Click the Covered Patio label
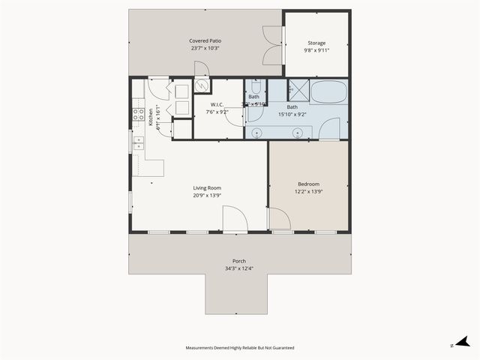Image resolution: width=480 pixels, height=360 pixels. coord(205,40)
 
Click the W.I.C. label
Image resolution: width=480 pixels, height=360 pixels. coord(217,104)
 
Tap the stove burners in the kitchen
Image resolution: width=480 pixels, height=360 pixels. coord(139,115)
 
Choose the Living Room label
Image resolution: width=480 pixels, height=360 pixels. coord(207,187)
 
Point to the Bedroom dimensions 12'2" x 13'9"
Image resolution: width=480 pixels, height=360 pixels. coord(308,192)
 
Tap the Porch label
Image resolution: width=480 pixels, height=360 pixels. coord(238,261)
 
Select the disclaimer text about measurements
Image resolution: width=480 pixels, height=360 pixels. coord(240,348)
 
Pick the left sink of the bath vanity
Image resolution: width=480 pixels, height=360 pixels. coord(257,133)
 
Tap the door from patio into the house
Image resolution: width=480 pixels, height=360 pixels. coord(201,69)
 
